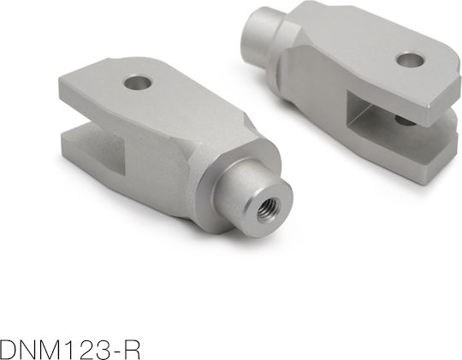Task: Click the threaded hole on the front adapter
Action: click(269, 210)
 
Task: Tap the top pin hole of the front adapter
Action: click(138, 82)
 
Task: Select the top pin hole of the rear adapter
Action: click(410, 60)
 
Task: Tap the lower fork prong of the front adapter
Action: click(92, 151)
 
